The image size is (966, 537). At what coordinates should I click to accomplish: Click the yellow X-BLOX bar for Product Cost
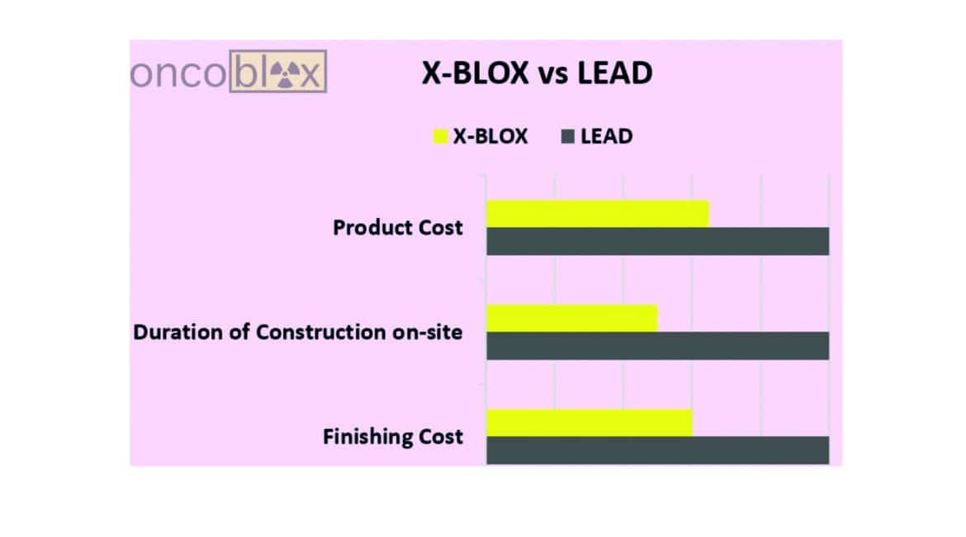597,213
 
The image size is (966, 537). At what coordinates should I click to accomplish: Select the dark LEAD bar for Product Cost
657,241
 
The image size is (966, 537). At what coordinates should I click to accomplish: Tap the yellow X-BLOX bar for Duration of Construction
571,318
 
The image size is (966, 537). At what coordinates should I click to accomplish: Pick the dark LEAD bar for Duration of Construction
657,346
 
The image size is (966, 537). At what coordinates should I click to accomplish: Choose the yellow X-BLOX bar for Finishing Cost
589,422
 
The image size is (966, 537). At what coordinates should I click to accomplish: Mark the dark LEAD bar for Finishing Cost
657,450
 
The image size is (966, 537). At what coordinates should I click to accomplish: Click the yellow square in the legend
440,136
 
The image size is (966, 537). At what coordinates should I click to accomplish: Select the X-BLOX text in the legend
490,136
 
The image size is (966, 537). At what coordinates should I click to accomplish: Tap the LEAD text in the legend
607,136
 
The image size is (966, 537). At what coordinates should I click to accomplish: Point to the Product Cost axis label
398,227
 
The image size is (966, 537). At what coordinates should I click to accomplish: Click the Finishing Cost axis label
393,436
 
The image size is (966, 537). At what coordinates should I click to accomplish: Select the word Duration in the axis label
173,332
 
